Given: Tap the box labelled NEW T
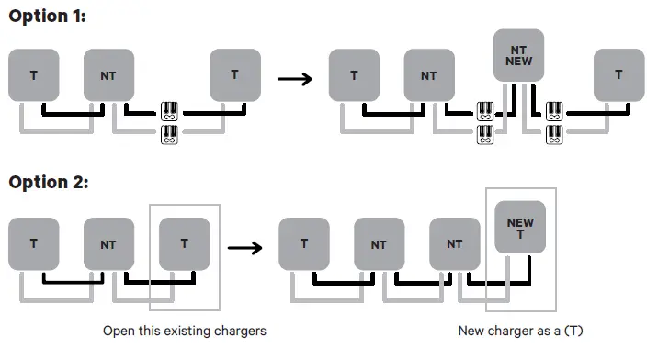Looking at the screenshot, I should tap(519, 229).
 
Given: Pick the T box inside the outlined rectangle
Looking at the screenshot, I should tap(184, 243).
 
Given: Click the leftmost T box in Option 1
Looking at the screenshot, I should tap(34, 74).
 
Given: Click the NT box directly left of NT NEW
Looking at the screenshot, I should tap(429, 74).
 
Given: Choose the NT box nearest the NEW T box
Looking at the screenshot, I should tap(454, 243).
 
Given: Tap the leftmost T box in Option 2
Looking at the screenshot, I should tap(34, 243).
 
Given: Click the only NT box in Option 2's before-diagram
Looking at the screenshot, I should tap(109, 243).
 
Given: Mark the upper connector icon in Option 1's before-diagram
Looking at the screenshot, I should tap(170, 112).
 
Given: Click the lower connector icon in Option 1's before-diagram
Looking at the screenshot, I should tap(170, 135).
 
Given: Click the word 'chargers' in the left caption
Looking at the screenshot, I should tap(241, 330).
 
